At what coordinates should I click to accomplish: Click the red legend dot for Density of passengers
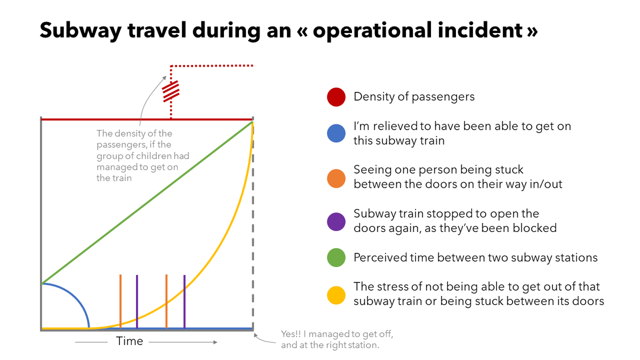pyautogui.click(x=335, y=97)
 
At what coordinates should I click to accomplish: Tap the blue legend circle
pyautogui.click(x=335, y=133)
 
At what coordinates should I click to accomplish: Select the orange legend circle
pyautogui.click(x=335, y=177)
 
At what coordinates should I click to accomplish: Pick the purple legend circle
pyautogui.click(x=335, y=221)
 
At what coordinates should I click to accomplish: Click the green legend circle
pyautogui.click(x=335, y=258)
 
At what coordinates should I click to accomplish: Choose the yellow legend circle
pyautogui.click(x=335, y=294)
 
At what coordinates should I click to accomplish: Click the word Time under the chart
pyautogui.click(x=130, y=341)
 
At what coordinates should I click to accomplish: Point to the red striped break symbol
pyautogui.click(x=171, y=91)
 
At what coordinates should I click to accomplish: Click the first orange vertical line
pyautogui.click(x=121, y=299)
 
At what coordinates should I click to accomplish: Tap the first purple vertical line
pyautogui.click(x=137, y=299)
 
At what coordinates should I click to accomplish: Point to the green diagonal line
pyautogui.click(x=147, y=203)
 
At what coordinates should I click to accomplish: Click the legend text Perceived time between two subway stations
pyautogui.click(x=475, y=258)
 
